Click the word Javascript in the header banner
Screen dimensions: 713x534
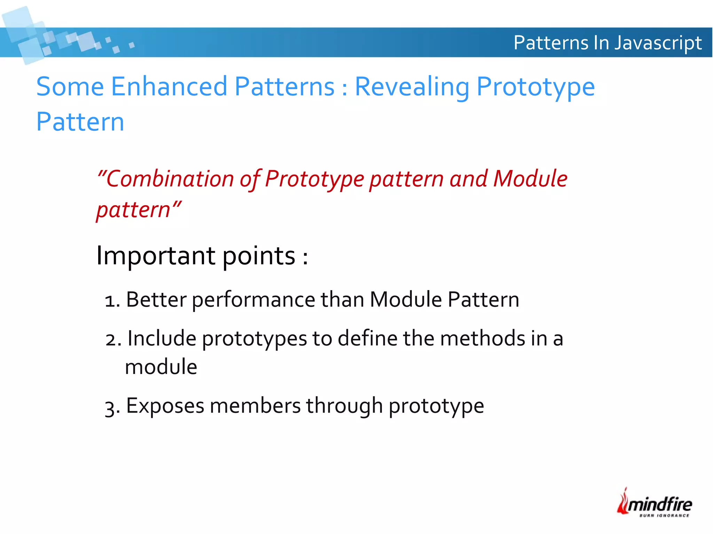(x=658, y=43)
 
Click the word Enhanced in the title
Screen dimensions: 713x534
(x=169, y=86)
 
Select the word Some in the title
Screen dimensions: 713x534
(x=70, y=86)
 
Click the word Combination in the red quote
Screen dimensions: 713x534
(x=170, y=179)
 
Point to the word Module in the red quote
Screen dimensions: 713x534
(x=530, y=179)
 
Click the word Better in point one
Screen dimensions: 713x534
(x=156, y=300)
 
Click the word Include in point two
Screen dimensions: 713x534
(x=162, y=338)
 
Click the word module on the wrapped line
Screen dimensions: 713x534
(x=161, y=367)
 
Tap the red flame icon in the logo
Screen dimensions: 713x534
(x=623, y=501)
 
